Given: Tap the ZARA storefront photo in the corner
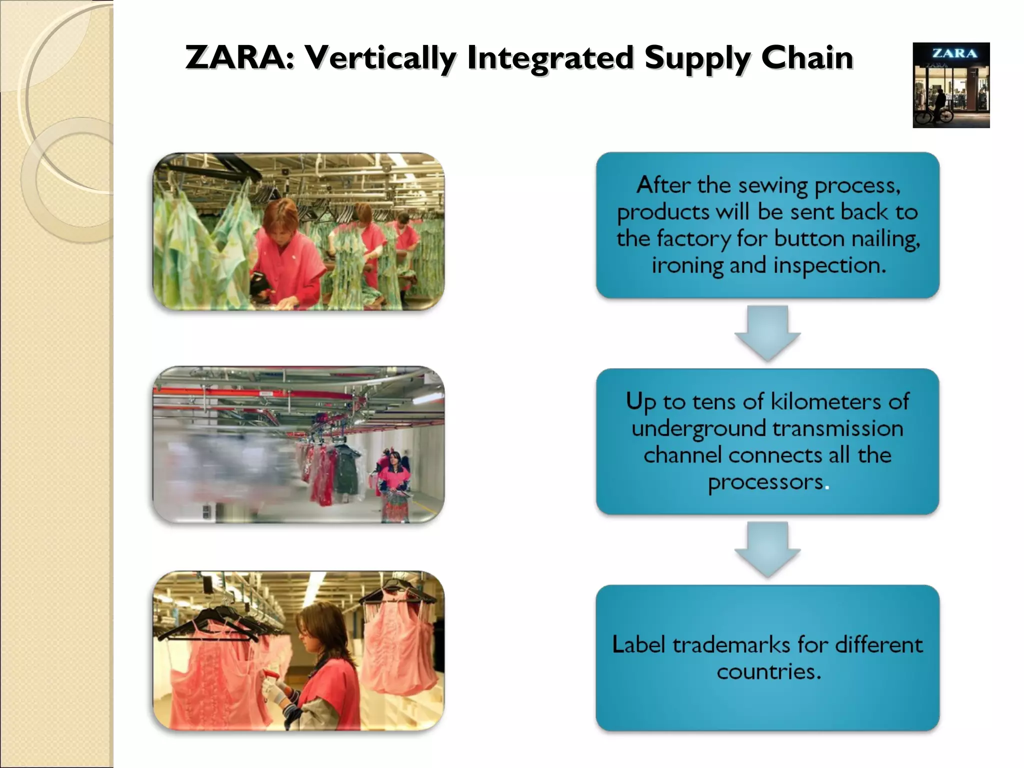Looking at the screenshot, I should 951,85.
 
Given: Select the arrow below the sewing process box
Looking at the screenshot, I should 767,333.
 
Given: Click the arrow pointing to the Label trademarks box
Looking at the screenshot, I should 767,549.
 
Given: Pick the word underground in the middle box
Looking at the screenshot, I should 699,429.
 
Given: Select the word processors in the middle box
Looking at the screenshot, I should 765,482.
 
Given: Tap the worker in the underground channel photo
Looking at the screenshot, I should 395,482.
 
